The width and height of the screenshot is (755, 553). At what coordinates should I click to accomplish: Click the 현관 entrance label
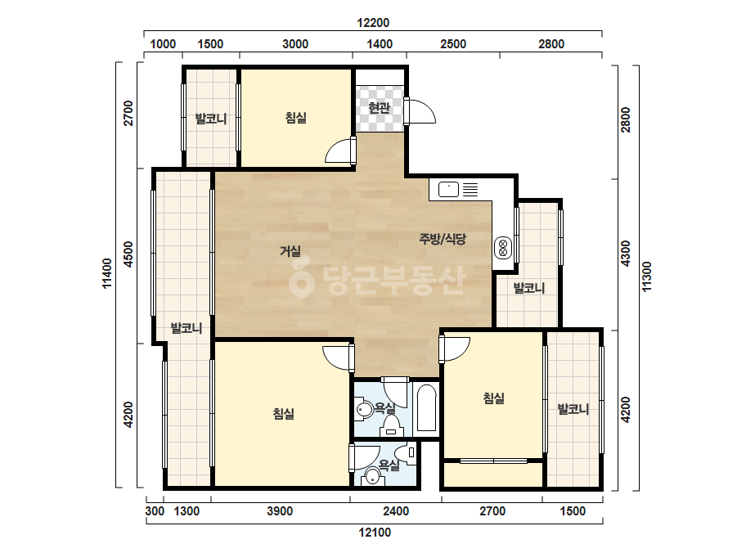coord(379,107)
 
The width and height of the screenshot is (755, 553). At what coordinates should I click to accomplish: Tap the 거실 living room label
coord(290,251)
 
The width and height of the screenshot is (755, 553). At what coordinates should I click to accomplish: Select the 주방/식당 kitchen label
coord(443,238)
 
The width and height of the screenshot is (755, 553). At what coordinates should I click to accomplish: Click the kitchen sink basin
coord(448,189)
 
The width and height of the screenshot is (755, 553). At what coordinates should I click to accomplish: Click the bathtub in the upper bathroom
coord(426,407)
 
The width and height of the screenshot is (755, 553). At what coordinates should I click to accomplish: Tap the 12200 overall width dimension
coord(373,23)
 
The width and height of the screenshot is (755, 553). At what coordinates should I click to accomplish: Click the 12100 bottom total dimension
coord(375,533)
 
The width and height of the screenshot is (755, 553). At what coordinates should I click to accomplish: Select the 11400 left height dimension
coord(107,273)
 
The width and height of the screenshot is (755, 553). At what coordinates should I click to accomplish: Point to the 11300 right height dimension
coord(647,276)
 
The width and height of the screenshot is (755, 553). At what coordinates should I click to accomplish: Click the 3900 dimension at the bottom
coord(280,511)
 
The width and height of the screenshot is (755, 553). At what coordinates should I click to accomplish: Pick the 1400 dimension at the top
coord(380,44)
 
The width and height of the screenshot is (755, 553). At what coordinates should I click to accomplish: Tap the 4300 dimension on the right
coord(626,254)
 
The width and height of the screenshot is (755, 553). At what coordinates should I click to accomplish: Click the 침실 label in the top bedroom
coord(295,118)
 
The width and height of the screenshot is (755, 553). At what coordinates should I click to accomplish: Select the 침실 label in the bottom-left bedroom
coord(283,413)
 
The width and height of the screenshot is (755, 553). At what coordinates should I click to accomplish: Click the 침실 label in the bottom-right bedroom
coord(493,398)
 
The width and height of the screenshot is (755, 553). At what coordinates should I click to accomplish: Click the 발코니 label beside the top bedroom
coord(211,119)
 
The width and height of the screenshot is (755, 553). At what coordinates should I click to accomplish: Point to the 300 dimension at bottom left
coord(155,511)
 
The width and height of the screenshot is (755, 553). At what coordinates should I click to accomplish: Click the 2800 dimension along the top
coord(551,44)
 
